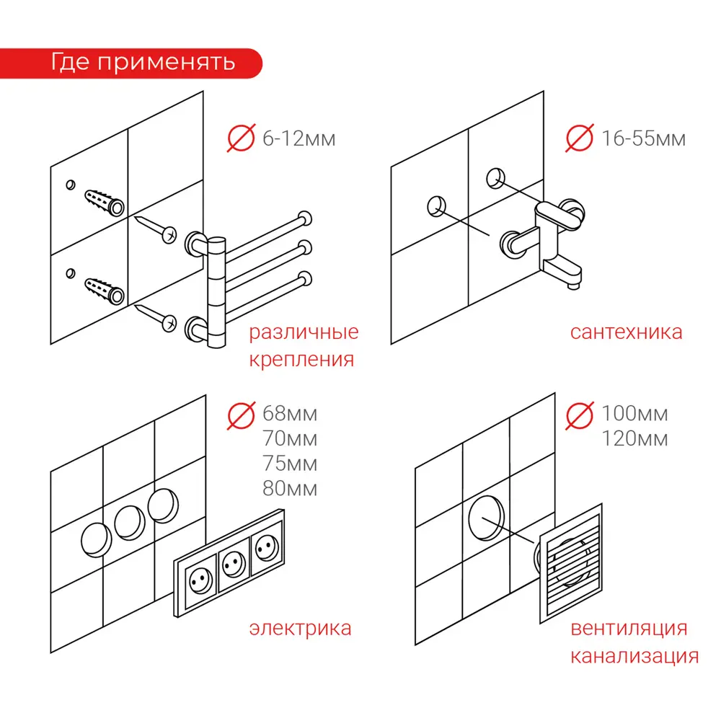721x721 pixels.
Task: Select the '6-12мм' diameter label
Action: coord(298,138)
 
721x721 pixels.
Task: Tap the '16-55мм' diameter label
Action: coord(643,138)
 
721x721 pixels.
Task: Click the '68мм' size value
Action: coord(290,414)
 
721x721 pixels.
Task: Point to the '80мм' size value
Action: coord(290,489)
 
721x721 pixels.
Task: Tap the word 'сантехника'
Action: coord(626,332)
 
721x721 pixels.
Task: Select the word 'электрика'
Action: coord(300,628)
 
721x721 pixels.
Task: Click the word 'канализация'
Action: coord(634,657)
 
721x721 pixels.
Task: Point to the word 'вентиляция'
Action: coord(629,628)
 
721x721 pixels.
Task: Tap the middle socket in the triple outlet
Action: coord(232,562)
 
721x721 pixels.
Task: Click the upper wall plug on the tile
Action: coord(105,202)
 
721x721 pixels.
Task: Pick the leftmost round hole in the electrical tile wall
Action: coord(96,539)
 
